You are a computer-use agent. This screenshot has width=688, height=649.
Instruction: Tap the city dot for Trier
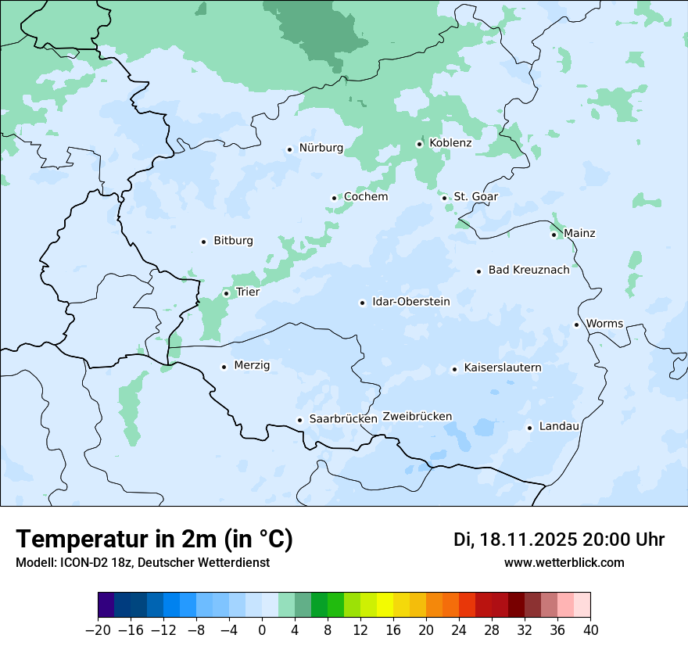coord(226,293)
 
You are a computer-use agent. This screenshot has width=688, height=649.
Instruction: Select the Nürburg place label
coord(321,148)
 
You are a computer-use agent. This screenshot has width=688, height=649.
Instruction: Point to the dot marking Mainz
coord(554,235)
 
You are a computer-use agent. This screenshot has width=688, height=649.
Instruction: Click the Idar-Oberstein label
coord(410,302)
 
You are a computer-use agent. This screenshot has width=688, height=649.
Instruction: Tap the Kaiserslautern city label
coord(502,368)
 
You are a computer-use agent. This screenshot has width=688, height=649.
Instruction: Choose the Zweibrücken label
coord(417,417)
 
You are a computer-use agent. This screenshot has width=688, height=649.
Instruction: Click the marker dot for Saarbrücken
coord(299,420)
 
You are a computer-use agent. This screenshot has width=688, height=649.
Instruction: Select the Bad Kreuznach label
coord(529,271)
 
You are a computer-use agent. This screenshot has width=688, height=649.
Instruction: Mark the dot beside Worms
coord(576,324)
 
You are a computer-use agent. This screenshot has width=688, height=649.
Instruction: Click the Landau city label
coord(559,427)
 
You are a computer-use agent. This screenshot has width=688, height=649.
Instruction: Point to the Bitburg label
coord(233,241)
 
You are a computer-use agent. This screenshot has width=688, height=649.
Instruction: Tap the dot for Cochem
coord(334,198)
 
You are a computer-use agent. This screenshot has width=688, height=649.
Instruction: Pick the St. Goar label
coord(475,197)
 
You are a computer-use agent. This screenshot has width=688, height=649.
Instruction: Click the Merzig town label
coord(252,365)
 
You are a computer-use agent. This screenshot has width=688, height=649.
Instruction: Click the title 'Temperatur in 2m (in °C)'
coord(154,540)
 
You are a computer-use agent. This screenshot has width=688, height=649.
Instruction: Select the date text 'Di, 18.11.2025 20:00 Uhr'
coord(559,540)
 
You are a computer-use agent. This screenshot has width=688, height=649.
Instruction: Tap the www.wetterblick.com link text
coord(564,563)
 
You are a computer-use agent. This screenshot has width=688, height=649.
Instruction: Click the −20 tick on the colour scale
coord(99,630)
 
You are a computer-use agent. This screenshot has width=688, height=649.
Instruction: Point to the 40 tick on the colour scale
coord(590,630)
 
